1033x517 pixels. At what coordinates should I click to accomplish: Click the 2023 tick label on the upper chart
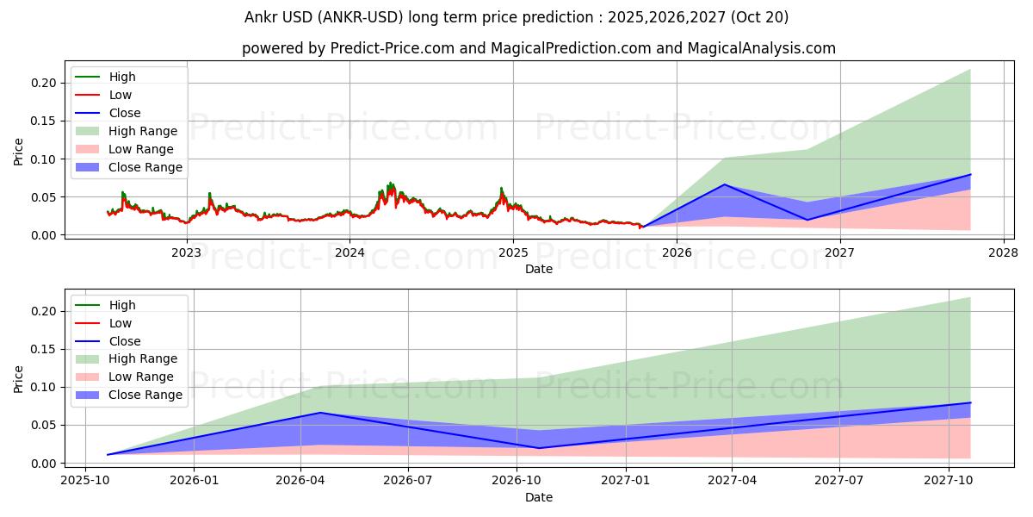point(186,252)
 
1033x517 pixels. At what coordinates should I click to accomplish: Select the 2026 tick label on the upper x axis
point(676,252)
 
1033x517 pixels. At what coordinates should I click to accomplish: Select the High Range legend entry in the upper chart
point(143,131)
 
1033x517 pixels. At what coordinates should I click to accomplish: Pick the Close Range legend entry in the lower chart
point(145,395)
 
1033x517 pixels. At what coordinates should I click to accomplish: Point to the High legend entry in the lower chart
point(122,305)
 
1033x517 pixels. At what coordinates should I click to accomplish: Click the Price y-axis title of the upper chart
point(19,153)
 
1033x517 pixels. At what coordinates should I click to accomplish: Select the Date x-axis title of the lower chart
point(539,497)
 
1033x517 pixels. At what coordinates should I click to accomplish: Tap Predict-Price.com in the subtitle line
point(392,48)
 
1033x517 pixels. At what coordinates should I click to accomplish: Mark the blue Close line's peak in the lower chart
point(320,413)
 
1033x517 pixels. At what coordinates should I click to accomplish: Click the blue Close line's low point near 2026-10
point(539,448)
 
